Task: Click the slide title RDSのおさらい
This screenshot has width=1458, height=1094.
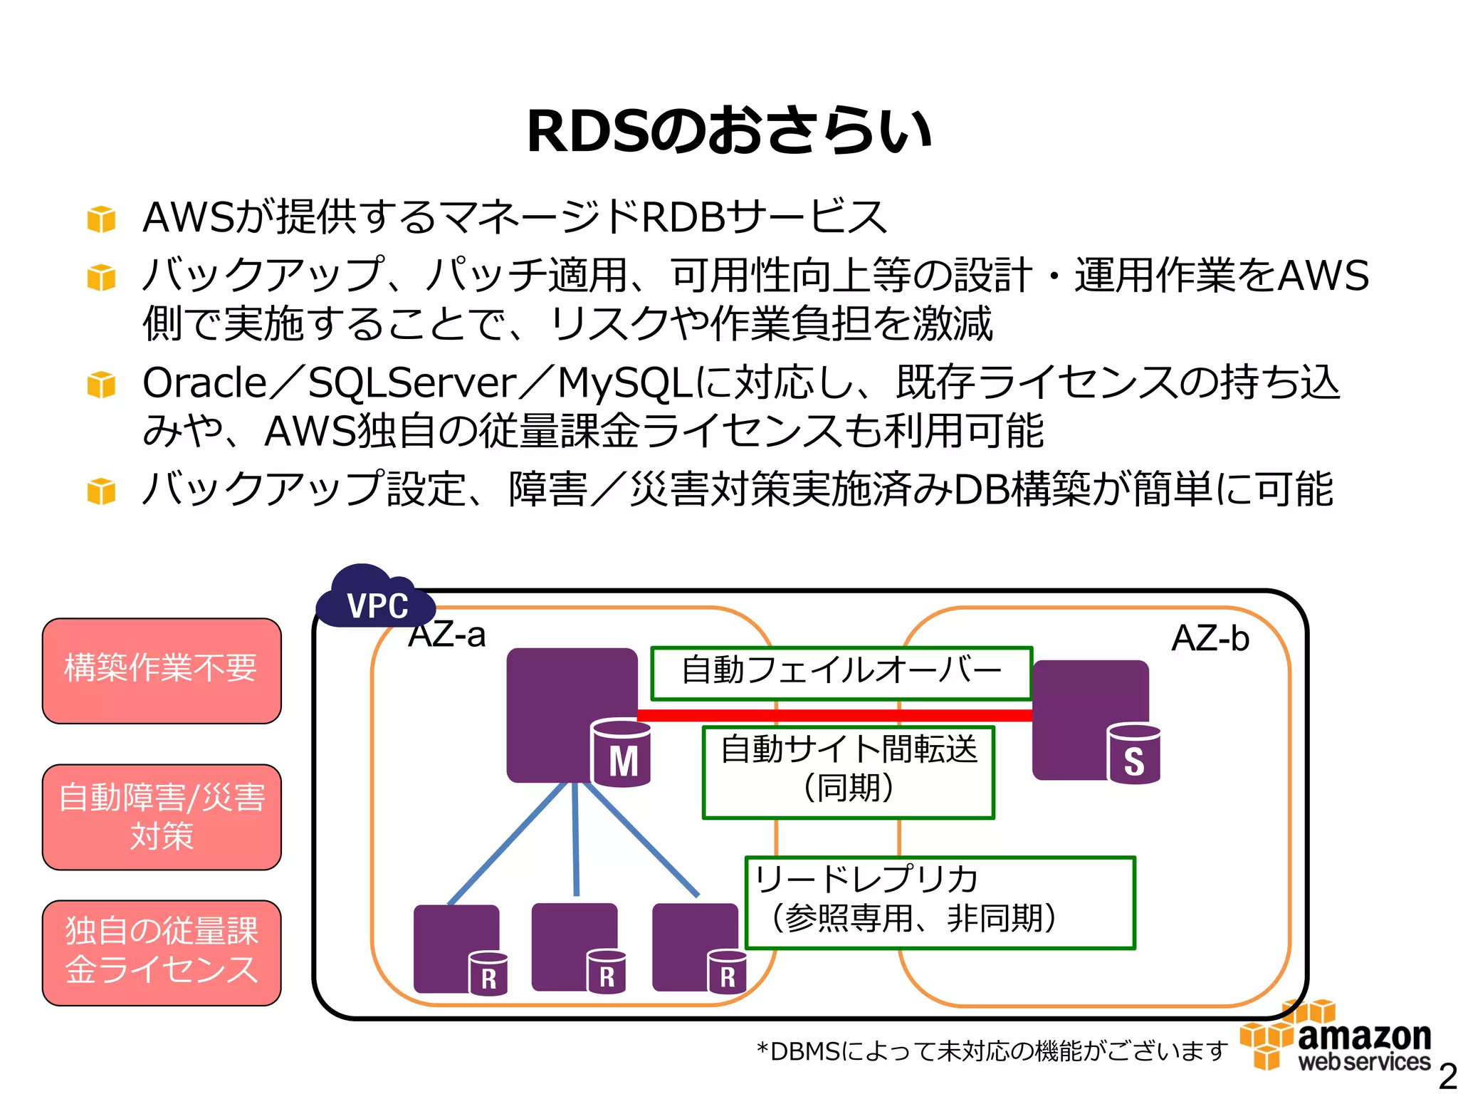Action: [x=729, y=131]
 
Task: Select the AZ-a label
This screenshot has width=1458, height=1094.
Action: [x=447, y=635]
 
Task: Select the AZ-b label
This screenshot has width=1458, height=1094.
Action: [x=1210, y=637]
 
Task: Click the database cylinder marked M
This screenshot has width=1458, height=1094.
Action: [x=622, y=754]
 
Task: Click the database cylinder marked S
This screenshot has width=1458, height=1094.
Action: [x=1133, y=754]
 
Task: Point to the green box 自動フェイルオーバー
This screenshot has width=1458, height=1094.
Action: [x=841, y=672]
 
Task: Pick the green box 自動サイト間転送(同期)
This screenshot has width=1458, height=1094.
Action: [x=848, y=771]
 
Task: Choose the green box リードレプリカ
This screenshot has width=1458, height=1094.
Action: [x=940, y=902]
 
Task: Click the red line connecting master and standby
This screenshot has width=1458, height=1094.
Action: [x=833, y=715]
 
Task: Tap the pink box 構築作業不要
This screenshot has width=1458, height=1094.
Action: [x=162, y=670]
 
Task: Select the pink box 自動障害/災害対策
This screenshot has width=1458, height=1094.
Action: [x=162, y=817]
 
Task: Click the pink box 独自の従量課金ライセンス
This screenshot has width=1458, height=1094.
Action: [x=162, y=952]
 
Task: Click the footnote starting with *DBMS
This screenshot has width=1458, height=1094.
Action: [x=992, y=1051]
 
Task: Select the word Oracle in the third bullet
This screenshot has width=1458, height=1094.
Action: [x=204, y=383]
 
